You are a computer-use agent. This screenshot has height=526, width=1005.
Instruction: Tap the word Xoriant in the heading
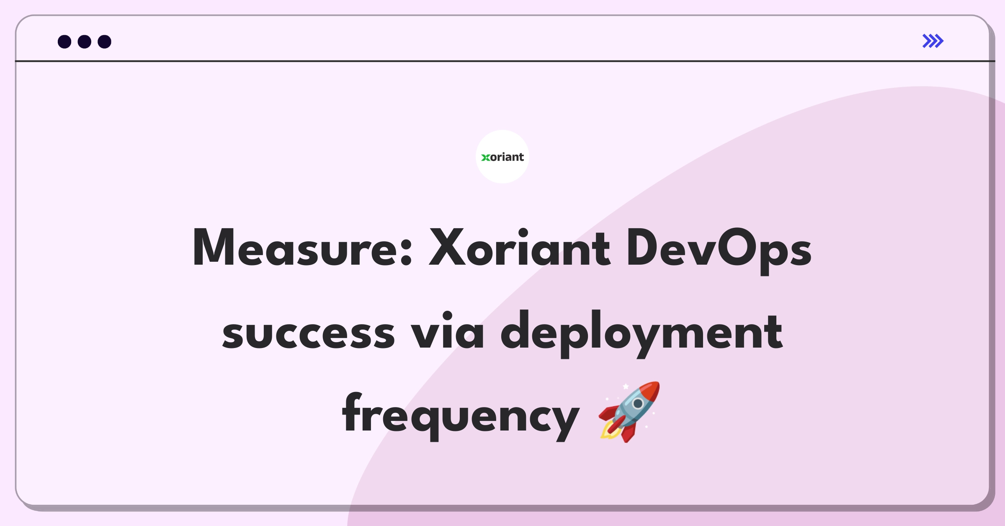click(520, 248)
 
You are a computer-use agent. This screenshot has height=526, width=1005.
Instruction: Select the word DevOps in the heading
click(719, 250)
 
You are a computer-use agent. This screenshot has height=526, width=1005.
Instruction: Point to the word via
click(447, 330)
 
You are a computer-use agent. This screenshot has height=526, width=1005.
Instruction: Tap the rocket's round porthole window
click(638, 404)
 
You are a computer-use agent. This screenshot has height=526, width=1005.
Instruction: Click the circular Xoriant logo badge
click(502, 157)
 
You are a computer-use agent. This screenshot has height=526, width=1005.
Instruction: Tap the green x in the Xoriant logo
click(485, 157)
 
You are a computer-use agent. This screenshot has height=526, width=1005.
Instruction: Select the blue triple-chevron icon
click(933, 41)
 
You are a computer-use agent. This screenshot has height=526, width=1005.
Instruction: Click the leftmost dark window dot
click(64, 41)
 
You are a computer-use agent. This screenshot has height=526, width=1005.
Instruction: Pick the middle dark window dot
click(85, 41)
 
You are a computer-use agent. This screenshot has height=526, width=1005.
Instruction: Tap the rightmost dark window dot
click(104, 41)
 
